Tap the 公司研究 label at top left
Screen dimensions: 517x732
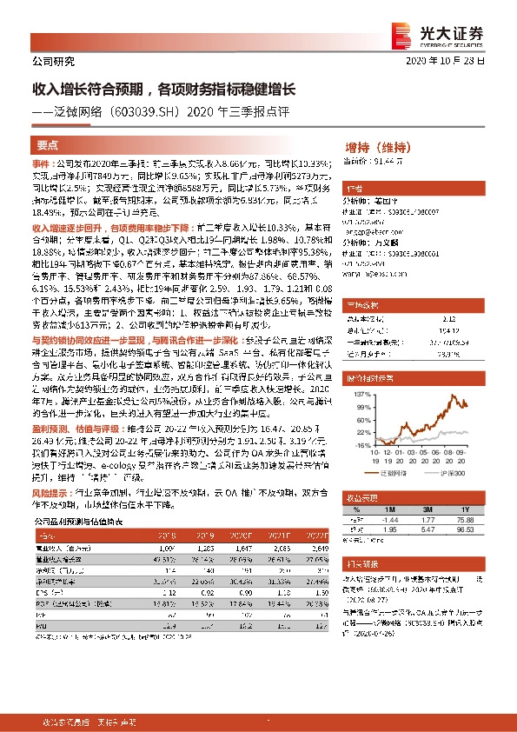click(x=53, y=62)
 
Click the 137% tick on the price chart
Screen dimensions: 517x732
click(x=358, y=395)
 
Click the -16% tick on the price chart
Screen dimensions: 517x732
click(x=358, y=446)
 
